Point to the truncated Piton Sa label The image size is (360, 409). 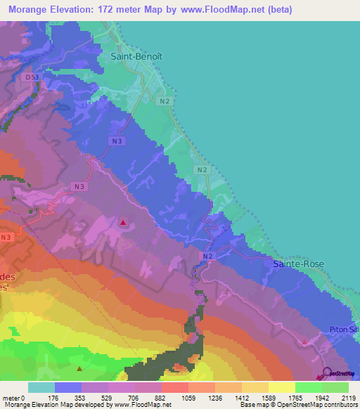345,330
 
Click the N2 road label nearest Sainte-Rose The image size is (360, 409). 208,257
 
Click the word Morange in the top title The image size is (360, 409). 30,11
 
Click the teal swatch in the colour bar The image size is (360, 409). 41,387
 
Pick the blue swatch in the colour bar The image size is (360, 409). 67,387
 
